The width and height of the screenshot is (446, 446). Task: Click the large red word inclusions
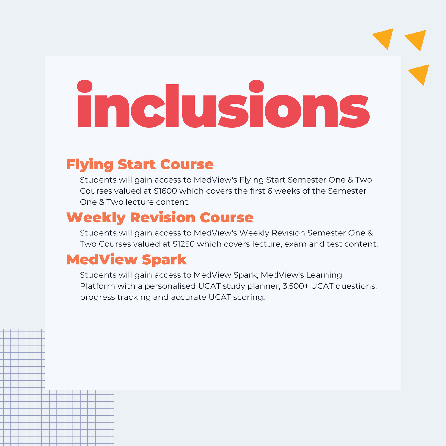(223, 104)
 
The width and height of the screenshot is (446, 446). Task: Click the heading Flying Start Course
(140, 165)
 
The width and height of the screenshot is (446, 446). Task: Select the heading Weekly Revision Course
(160, 218)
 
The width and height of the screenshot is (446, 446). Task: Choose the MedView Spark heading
(126, 260)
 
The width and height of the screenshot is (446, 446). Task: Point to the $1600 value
(165, 191)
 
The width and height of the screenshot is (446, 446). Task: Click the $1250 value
(184, 244)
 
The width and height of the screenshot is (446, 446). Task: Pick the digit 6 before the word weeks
(270, 191)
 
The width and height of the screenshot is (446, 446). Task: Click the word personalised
(170, 286)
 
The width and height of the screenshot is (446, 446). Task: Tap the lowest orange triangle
(420, 73)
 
